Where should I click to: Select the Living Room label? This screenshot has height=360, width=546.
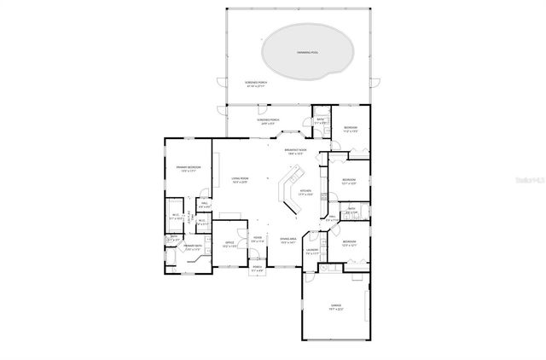click(239, 180)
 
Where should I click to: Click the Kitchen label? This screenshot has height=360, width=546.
click(305, 192)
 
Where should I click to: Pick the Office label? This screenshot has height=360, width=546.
click(229, 244)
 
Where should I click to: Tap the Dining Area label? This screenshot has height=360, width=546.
click(288, 241)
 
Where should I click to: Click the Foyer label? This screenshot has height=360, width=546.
click(257, 240)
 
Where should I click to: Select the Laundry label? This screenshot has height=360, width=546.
click(312, 252)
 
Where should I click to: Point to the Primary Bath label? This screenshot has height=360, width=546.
click(193, 248)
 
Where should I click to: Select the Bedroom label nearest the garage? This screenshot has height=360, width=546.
click(349, 243)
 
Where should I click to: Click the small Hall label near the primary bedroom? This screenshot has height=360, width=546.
click(205, 206)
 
